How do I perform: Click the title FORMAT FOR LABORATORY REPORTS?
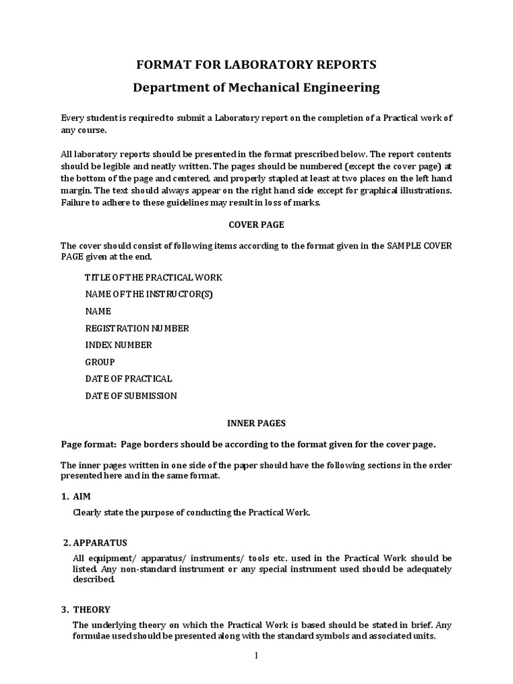point(256,65)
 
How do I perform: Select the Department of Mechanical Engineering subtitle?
point(256,88)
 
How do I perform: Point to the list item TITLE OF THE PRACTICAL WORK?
point(154,277)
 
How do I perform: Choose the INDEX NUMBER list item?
point(118,345)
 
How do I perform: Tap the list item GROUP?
point(100,362)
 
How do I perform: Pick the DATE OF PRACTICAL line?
point(128,379)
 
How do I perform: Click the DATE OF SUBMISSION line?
point(131,395)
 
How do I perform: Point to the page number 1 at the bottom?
point(255,655)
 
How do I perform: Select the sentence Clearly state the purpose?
point(191,512)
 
